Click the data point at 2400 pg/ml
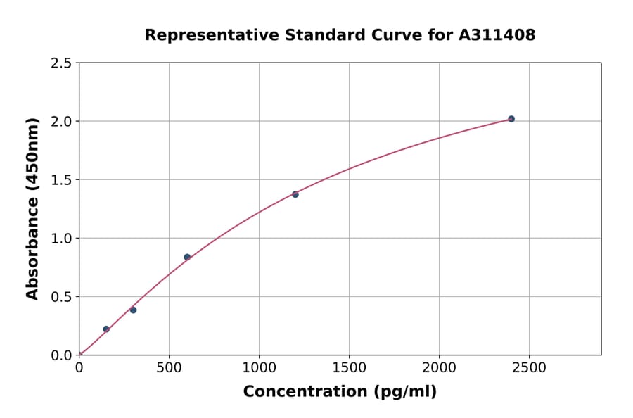pos(511,119)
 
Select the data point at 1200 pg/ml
pos(295,194)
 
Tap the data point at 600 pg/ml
pos(187,257)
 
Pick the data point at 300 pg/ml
pos(133,310)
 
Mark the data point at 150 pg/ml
pos(106,329)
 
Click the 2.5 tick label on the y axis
pos(60,63)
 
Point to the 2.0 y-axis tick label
pos(60,122)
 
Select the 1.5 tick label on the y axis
pos(60,180)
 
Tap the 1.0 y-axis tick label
pos(60,239)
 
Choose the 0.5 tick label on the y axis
pos(60,297)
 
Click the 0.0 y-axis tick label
pos(60,355)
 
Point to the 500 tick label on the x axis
pos(169,368)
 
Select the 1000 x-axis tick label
pos(259,368)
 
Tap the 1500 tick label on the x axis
pos(349,368)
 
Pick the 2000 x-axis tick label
pos(439,368)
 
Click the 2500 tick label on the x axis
pos(529,368)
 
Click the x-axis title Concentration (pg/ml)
pos(340,392)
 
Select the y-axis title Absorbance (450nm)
pos(32,209)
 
